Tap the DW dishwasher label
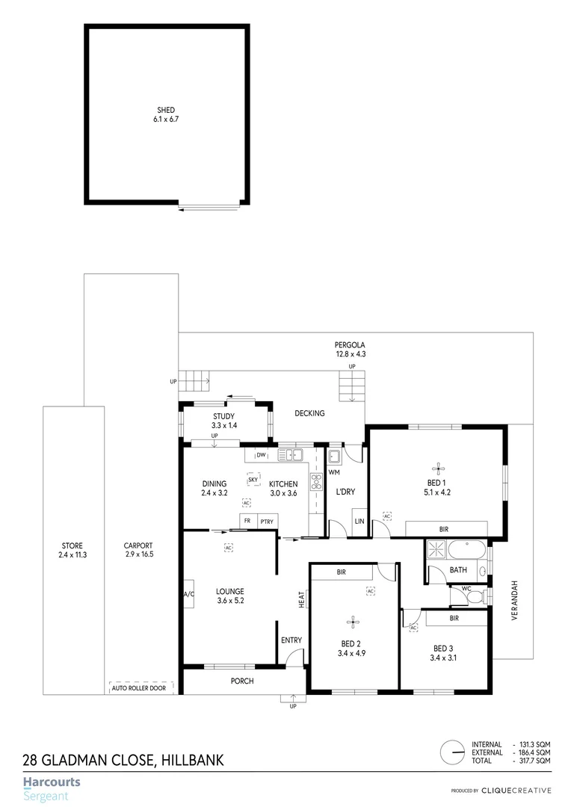[261, 455]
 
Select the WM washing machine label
[335, 472]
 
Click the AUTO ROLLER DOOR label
[139, 687]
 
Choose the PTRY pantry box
[267, 521]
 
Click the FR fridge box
[247, 521]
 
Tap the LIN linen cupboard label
[359, 521]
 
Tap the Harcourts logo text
[52, 782]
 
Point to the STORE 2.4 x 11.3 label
[72, 550]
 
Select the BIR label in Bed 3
[454, 619]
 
